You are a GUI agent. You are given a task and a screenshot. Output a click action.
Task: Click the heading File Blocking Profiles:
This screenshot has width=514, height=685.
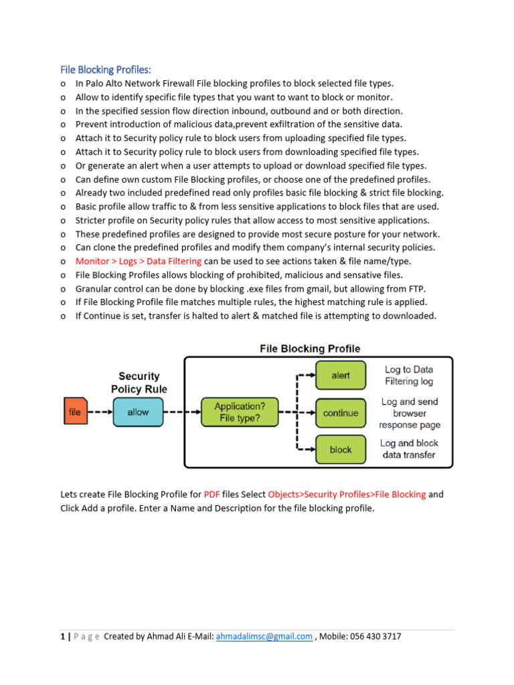pyautogui.click(x=106, y=69)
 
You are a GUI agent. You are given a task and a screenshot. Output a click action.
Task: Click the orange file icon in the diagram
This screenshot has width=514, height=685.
pyautogui.click(x=74, y=412)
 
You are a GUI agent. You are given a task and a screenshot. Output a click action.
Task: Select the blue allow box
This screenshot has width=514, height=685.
pyautogui.click(x=138, y=412)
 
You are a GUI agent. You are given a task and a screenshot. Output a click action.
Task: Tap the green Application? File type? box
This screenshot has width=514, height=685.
pyautogui.click(x=239, y=412)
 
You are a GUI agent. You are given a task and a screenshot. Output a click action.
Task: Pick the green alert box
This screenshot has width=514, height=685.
pyautogui.click(x=341, y=375)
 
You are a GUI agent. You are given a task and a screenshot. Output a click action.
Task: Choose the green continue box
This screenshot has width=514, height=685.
pyautogui.click(x=341, y=413)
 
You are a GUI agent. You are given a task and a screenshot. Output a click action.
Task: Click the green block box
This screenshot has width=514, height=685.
pyautogui.click(x=341, y=450)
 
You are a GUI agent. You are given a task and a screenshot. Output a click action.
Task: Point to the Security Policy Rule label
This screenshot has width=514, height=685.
pyautogui.click(x=139, y=383)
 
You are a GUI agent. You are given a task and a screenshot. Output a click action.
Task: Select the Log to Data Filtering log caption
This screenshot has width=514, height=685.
pyautogui.click(x=409, y=375)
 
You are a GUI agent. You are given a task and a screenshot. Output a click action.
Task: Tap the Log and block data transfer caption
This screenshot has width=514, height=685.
pyautogui.click(x=409, y=449)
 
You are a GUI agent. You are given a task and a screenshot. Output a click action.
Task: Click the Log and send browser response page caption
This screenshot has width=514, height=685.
pyautogui.click(x=410, y=413)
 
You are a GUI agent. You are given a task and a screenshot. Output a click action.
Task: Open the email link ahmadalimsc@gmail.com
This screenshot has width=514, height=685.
pyautogui.click(x=264, y=637)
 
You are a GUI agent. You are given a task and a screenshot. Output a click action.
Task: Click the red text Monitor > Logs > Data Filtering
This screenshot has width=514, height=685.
pyautogui.click(x=138, y=261)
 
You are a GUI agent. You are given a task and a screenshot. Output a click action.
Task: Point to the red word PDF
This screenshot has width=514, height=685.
pyautogui.click(x=212, y=494)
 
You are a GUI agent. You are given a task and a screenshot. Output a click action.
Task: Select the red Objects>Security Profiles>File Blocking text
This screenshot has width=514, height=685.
pyautogui.click(x=347, y=494)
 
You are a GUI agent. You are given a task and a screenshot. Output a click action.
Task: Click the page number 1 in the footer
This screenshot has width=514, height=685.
pyautogui.click(x=62, y=637)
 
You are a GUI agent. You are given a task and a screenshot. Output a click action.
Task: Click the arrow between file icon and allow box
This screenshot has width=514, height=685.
pyautogui.click(x=98, y=412)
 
